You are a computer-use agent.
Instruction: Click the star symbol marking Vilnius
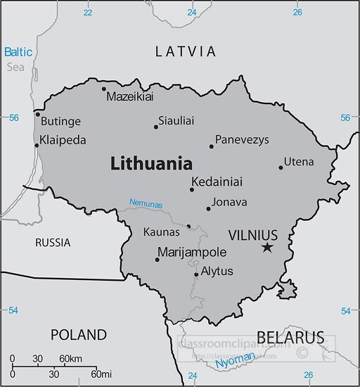point(266,248)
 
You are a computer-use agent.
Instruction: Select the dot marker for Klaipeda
point(37,146)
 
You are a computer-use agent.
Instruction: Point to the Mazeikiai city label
point(129,96)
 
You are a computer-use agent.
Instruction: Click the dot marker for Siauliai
point(156,127)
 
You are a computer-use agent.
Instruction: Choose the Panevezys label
point(242,140)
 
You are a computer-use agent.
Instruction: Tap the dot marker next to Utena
point(281,167)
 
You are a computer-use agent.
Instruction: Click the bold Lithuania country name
point(151,164)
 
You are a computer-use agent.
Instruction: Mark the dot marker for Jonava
point(208,208)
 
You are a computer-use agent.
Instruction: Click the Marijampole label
point(192,252)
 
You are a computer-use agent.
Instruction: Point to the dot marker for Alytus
point(195,275)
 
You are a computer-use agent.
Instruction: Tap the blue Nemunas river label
point(146,204)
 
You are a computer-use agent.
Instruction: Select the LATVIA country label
point(186,51)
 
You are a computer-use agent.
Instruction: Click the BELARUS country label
point(290,336)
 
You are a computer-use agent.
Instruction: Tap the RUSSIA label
point(53,243)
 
